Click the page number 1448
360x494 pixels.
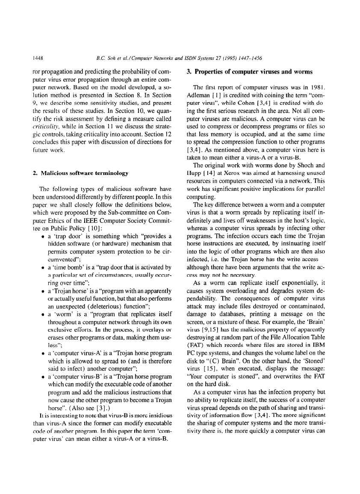click(39, 56)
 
